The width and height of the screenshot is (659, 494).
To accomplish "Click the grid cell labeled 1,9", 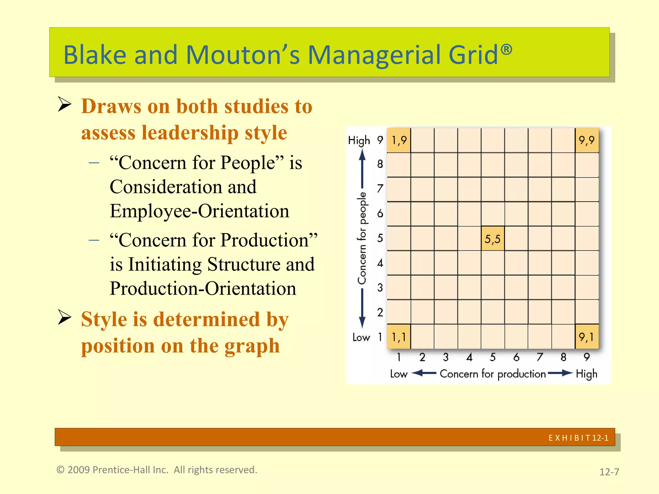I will pos(399,140).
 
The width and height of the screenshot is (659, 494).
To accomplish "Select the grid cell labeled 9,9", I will pos(587,140).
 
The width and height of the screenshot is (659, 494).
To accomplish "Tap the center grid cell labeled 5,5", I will pos(493,239).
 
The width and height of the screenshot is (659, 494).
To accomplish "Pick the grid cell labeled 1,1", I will pos(399,337).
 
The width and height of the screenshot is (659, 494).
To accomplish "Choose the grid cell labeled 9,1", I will pos(587,337).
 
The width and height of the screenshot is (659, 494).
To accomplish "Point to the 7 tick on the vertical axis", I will pos(380,188).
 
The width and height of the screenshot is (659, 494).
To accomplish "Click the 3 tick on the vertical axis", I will pos(380,287).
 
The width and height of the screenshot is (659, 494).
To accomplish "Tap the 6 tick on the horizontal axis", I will pos(516,357).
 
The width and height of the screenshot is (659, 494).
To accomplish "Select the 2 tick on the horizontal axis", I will pos(422,357).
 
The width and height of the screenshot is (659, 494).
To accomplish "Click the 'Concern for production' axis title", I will pos(493,374).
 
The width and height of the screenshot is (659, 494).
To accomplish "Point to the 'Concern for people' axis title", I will pos(362,238).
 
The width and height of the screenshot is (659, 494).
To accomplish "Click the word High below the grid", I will pos(586,374).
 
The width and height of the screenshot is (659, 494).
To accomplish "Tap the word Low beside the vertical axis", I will pos(361,337).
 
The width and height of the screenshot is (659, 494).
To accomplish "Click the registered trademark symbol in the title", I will pos(506,49).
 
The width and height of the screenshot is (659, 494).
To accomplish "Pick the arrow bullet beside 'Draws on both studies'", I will pos(65,104).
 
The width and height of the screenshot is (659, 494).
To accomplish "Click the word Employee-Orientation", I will pos(199,211).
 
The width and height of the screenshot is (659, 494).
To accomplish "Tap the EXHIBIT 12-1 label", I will pos(578,438).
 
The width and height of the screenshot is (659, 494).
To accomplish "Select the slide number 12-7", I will pos(609,472).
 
